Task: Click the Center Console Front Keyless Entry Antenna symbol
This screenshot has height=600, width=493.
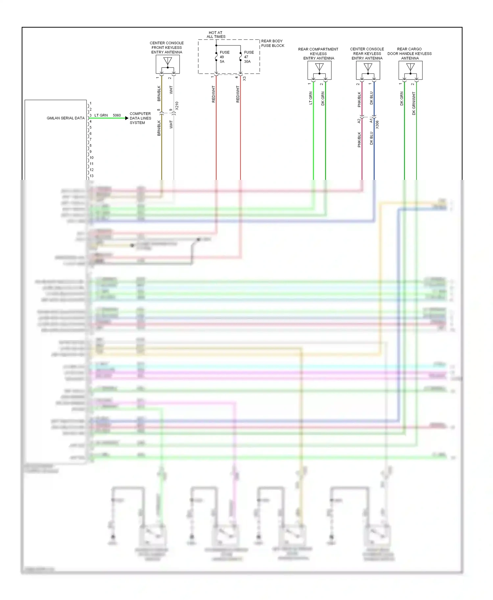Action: (x=168, y=64)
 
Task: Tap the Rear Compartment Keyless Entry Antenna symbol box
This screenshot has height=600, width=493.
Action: (x=319, y=70)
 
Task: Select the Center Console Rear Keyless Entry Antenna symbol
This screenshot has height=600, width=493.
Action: (x=368, y=70)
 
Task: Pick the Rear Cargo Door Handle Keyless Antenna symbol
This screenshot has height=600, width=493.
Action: (x=410, y=70)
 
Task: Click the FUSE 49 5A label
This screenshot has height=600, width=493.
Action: (x=224, y=57)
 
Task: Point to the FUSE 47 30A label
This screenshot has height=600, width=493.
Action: (x=249, y=57)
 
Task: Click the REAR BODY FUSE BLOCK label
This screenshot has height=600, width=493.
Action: (x=272, y=43)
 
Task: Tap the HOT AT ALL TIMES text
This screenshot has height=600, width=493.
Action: (x=216, y=35)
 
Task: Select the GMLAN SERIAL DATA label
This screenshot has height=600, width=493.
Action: (x=65, y=118)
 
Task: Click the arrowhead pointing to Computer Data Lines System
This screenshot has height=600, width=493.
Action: (x=127, y=118)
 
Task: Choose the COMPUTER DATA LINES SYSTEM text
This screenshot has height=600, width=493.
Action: (x=140, y=118)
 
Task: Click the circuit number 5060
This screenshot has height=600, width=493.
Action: (x=117, y=116)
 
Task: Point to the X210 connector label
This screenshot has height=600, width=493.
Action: (x=177, y=106)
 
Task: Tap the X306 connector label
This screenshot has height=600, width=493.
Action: (x=377, y=125)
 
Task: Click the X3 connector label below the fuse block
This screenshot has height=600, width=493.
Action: (x=245, y=79)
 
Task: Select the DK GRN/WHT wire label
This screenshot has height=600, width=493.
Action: (x=414, y=103)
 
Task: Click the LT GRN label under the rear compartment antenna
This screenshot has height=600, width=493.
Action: (x=311, y=98)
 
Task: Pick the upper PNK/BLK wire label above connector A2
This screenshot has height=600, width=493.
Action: (x=359, y=99)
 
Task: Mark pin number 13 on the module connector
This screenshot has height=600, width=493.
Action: (x=92, y=176)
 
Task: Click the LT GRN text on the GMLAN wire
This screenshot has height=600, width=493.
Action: (x=101, y=116)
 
